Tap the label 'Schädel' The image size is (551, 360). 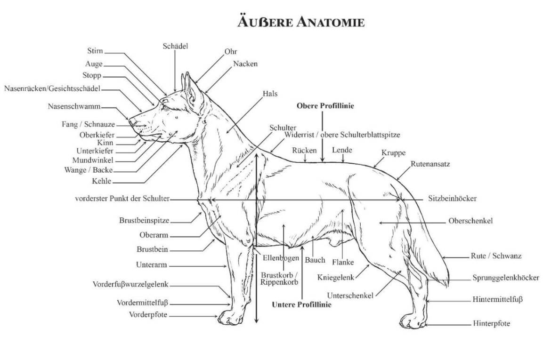tap(176, 46)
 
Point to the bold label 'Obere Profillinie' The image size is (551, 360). tap(325, 106)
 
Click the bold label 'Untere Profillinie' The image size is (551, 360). tap(301, 304)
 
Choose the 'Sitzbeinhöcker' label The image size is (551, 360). tap(453, 199)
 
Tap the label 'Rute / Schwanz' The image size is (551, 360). tap(496, 256)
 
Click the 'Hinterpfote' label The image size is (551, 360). tap(491, 323)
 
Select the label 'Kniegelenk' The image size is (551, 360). tap(336, 277)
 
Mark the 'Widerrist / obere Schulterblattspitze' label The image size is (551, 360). tap(342, 135)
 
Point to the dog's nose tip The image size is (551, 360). tap(132, 121)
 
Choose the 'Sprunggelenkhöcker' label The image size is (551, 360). tap(506, 278)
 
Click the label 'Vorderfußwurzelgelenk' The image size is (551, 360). tap(130, 284)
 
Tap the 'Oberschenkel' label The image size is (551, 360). tap(470, 221)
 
